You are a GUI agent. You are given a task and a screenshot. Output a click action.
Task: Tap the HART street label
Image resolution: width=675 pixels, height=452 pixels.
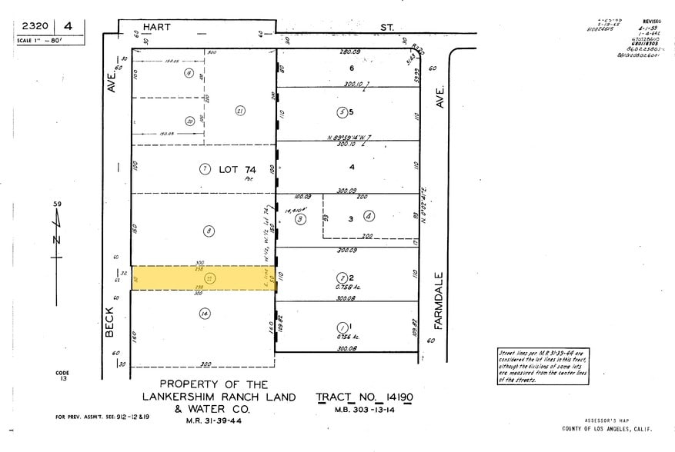point(155,27)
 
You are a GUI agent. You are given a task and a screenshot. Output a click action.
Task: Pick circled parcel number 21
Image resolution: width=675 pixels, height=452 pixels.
point(239,111)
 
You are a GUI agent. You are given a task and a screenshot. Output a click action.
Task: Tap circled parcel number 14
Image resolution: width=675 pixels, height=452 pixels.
point(204,313)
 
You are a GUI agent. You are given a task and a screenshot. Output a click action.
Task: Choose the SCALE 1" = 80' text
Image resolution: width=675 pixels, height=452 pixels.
point(45,39)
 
